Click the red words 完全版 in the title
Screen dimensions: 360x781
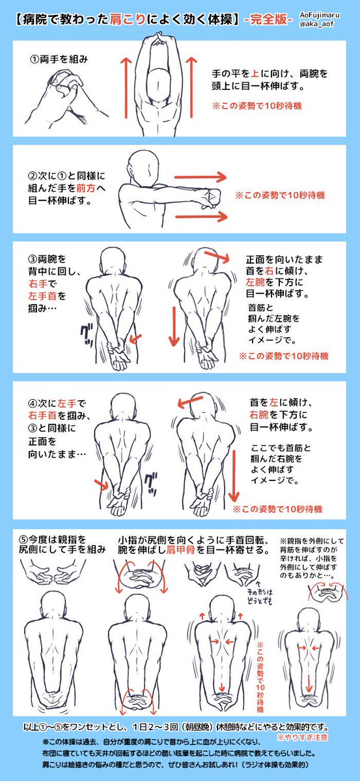coord(268,19)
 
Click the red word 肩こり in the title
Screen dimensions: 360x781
coord(128,19)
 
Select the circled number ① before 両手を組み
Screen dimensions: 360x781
coord(35,60)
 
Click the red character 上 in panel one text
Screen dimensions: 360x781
coord(255,74)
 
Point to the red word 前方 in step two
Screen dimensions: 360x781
coord(86,188)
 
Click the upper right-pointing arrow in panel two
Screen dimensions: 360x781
coord(201,177)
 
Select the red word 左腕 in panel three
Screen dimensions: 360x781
coord(255,282)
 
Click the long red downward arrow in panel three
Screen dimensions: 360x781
coord(174,326)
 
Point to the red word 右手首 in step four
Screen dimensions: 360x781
coord(42,415)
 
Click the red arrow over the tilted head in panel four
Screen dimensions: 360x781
coord(190,402)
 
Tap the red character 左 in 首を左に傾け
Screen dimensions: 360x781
coord(273,402)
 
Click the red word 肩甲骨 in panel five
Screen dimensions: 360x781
coord(180,550)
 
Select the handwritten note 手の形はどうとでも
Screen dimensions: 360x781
coord(260,596)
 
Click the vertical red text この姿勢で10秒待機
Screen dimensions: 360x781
coord(260,672)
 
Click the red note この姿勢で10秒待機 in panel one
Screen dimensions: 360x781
coord(256,105)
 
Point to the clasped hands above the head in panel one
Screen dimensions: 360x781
coord(158,39)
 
